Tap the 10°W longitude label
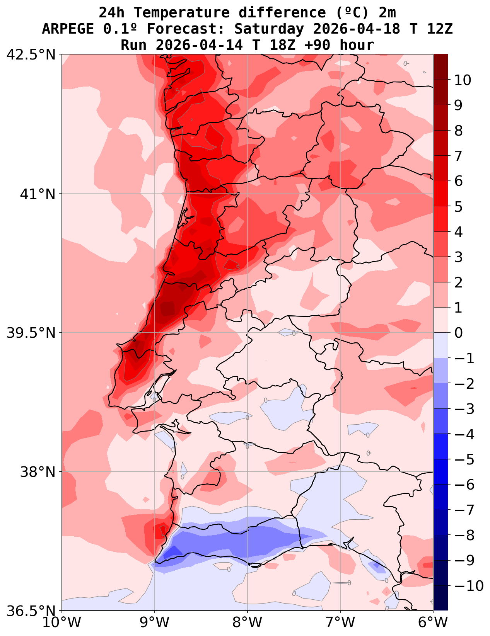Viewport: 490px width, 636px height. [62, 622]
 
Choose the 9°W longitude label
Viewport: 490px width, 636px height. [155, 622]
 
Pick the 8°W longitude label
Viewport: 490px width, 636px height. [248, 622]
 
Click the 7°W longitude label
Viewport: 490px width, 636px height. [340, 622]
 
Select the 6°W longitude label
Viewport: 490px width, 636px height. [433, 622]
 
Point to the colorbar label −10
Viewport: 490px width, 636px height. [468, 586]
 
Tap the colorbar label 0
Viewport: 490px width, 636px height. [458, 333]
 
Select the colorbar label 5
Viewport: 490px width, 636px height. [458, 207]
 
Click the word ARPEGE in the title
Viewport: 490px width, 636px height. [68, 29]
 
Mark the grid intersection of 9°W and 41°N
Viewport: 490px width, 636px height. [155, 193]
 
